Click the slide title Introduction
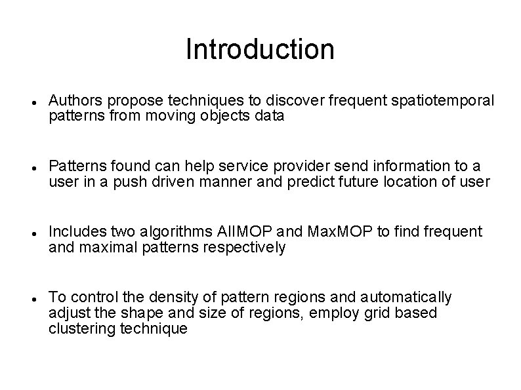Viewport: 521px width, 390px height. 260,49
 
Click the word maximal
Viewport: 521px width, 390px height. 99,248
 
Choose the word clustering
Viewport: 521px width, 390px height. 79,329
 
